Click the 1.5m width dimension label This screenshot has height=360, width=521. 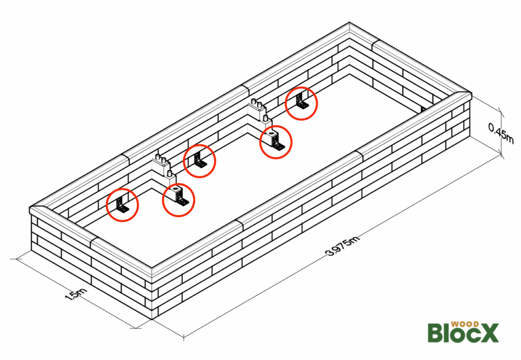tap(76, 294)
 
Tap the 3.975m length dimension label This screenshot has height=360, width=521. tap(342, 246)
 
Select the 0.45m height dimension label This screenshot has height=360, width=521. tap(501, 132)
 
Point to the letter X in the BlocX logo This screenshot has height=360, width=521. tap(488, 333)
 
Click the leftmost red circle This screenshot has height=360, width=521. tap(122, 205)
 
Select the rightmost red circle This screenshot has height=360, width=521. tap(301, 103)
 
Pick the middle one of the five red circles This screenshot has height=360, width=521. tap(199, 161)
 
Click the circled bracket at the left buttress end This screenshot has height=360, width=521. tap(179, 200)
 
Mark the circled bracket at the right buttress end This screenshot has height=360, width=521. tap(275, 142)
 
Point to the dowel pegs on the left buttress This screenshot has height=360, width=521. tap(163, 162)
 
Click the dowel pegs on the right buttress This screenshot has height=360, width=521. tap(259, 108)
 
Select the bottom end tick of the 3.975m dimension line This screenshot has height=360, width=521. tap(184, 336)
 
